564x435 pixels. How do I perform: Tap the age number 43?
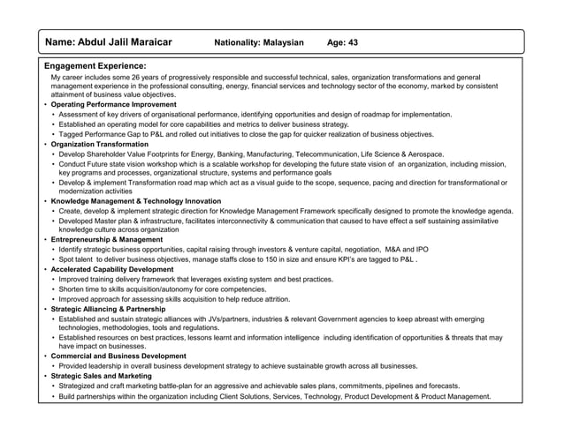[x=351, y=42]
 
